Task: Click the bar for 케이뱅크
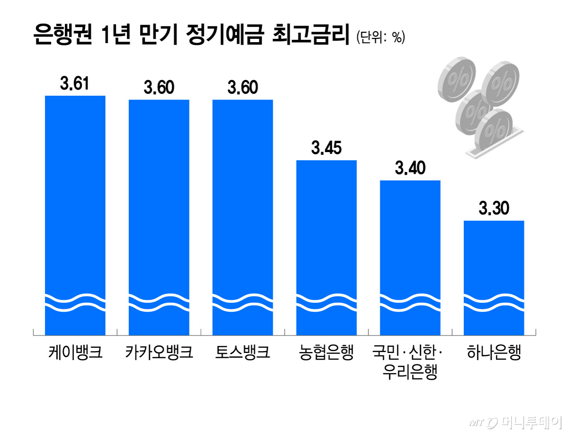click(x=75, y=216)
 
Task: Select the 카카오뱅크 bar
click(x=159, y=217)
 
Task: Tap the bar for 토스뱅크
click(x=243, y=217)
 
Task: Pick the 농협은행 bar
click(x=326, y=248)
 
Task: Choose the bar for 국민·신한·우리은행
click(x=410, y=258)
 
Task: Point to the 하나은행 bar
click(x=494, y=278)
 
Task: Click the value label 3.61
click(x=74, y=83)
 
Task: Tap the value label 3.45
click(x=326, y=148)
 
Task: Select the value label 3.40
click(x=410, y=168)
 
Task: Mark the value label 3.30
click(x=494, y=208)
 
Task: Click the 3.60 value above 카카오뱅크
click(x=159, y=87)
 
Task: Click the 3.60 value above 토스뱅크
click(x=243, y=87)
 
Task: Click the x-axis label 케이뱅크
click(x=75, y=353)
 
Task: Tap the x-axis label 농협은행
click(x=326, y=353)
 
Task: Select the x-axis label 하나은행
click(x=494, y=353)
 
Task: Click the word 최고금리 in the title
click(x=311, y=35)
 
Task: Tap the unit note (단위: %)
click(x=381, y=37)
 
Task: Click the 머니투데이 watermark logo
click(x=515, y=422)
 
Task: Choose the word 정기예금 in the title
click(x=225, y=35)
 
